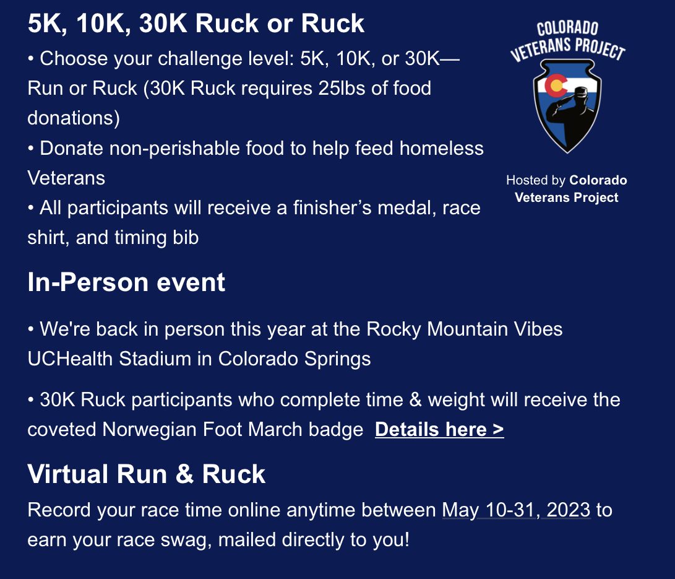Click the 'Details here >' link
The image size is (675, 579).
(439, 430)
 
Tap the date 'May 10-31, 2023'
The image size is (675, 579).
(517, 510)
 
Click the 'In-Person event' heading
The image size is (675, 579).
(126, 282)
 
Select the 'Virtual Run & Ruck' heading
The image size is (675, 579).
(147, 474)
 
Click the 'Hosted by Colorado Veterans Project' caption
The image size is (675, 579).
(567, 189)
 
